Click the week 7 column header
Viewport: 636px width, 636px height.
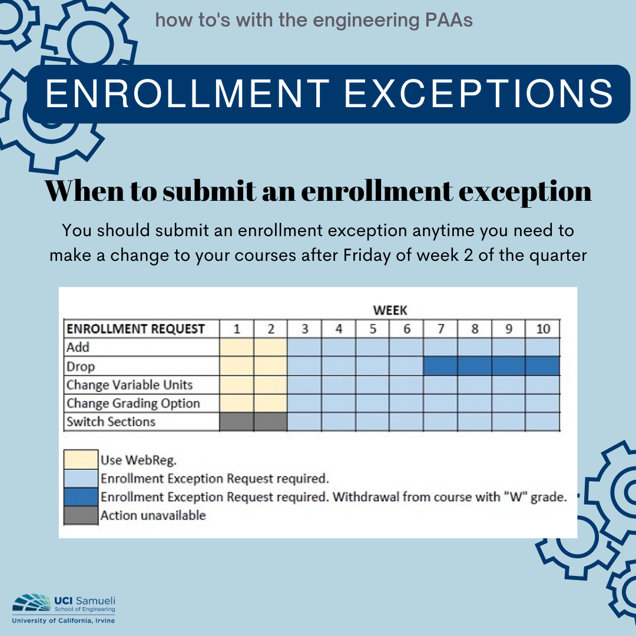pyautogui.click(x=440, y=329)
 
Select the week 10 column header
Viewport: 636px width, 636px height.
pyautogui.click(x=543, y=329)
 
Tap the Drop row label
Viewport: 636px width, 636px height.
pyautogui.click(x=81, y=366)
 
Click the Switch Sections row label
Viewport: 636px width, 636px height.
pyautogui.click(x=111, y=422)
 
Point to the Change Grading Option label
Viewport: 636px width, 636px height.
pyautogui.click(x=133, y=403)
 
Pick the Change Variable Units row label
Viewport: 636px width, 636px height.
pyautogui.click(x=130, y=385)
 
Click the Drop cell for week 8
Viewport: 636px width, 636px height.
pyautogui.click(x=475, y=366)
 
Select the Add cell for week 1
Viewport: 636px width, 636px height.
pyautogui.click(x=237, y=347)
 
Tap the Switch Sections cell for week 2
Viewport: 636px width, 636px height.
pyautogui.click(x=270, y=422)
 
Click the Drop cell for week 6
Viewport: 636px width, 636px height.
pyautogui.click(x=406, y=366)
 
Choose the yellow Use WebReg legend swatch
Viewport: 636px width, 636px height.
pyautogui.click(x=81, y=459)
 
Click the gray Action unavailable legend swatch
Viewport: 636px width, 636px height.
pyautogui.click(x=81, y=515)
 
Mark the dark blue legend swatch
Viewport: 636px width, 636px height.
pyautogui.click(x=81, y=497)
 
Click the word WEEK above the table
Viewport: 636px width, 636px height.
pyautogui.click(x=390, y=311)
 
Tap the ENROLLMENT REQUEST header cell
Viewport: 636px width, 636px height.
pyautogui.click(x=135, y=329)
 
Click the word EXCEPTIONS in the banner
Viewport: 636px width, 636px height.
pyautogui.click(x=479, y=93)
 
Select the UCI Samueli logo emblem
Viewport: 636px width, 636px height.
pyautogui.click(x=31, y=603)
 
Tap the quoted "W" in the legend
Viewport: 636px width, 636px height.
pyautogui.click(x=515, y=497)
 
